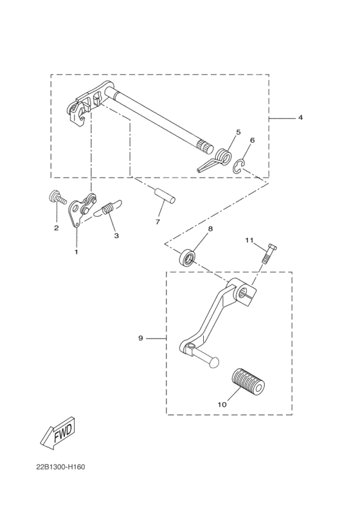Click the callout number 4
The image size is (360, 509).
[x=282, y=118]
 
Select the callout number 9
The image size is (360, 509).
[x=140, y=337]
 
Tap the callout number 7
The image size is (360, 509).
[x=157, y=222]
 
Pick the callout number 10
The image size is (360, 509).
[x=222, y=405]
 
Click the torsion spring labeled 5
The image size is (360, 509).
[x=222, y=157]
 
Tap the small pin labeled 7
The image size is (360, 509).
[x=165, y=195]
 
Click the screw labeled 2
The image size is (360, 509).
[x=57, y=198]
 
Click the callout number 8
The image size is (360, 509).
[x=210, y=228]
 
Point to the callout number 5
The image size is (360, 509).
[x=238, y=132]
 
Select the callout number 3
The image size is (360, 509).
[x=116, y=236]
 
